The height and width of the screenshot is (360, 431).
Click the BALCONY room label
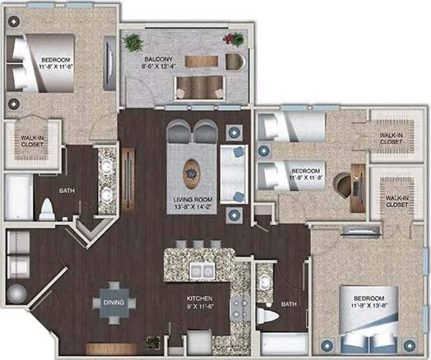coord(159,59)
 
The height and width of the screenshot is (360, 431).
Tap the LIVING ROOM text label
coord(193,200)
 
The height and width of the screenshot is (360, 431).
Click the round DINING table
coord(114,303)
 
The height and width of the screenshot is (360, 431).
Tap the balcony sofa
coord(199,86)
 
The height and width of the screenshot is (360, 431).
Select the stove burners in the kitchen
coord(240,309)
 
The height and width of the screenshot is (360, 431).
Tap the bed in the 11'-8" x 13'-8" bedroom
coord(368,332)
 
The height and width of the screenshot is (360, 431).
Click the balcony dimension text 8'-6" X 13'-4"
coord(159,69)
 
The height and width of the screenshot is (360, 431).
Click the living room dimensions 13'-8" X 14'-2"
coord(193,209)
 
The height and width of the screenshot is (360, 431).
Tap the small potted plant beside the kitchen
coord(151,342)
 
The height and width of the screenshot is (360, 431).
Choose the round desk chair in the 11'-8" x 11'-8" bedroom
coord(341,185)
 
